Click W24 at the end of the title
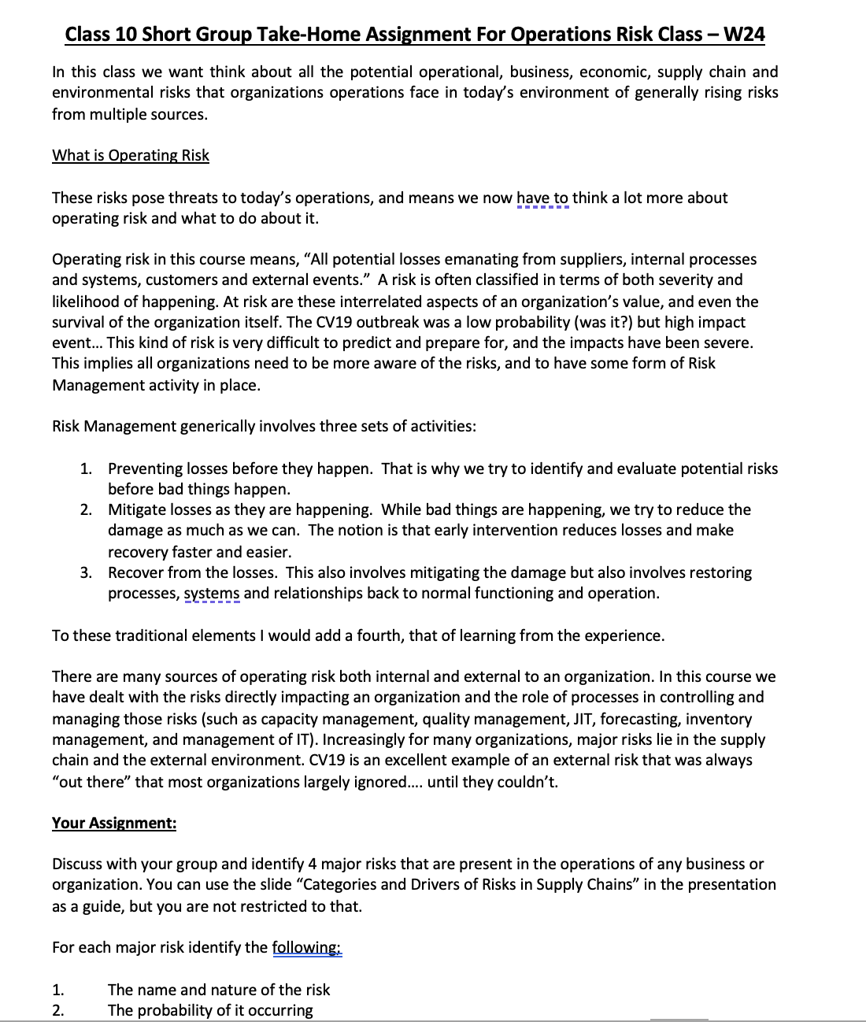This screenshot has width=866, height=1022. coord(743,34)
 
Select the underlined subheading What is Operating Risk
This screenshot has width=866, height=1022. coord(131,155)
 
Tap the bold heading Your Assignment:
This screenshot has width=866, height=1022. coord(114,823)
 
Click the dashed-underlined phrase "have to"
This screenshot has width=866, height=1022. coord(542,198)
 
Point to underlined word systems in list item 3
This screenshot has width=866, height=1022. coord(212,594)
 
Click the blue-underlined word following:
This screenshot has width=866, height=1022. coord(307,947)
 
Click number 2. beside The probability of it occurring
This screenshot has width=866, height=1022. coord(57,1010)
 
